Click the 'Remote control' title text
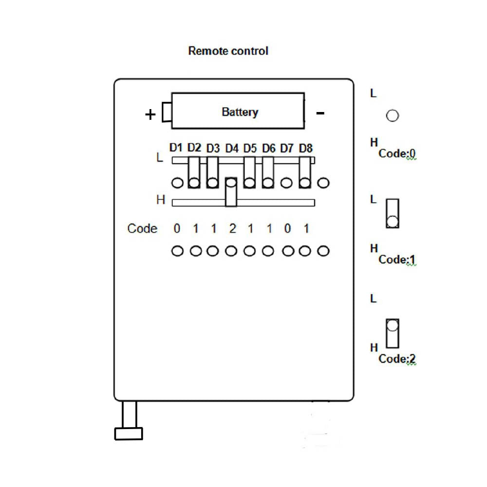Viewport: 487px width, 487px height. click(x=228, y=51)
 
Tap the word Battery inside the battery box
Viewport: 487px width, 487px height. click(x=240, y=112)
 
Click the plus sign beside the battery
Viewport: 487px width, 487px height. click(x=150, y=115)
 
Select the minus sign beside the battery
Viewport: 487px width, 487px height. click(x=320, y=113)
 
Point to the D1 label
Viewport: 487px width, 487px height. click(x=176, y=147)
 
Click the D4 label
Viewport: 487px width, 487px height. click(x=232, y=148)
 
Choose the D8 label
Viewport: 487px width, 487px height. click(x=306, y=148)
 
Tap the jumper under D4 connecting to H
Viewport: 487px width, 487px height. click(x=231, y=192)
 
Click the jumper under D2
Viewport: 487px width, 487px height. click(x=194, y=172)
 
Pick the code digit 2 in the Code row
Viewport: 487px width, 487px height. click(x=232, y=228)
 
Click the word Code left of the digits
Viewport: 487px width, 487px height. click(x=142, y=228)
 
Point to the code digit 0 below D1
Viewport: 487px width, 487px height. click(x=177, y=228)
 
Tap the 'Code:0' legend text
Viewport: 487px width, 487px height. click(x=397, y=153)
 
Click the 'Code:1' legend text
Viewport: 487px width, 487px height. click(x=397, y=259)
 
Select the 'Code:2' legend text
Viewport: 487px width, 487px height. click(x=397, y=359)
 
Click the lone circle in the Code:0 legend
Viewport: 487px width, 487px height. click(x=392, y=116)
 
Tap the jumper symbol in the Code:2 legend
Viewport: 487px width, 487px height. click(x=392, y=333)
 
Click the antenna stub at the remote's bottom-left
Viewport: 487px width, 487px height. click(x=129, y=422)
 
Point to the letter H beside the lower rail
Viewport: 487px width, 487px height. click(x=161, y=200)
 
